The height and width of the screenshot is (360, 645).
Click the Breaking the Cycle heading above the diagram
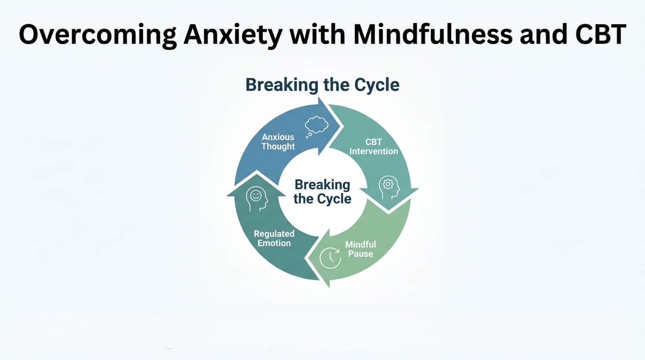[322, 85]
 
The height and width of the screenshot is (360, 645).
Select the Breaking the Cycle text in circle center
[322, 191]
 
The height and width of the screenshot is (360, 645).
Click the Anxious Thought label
[278, 142]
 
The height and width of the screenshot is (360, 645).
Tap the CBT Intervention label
[374, 146]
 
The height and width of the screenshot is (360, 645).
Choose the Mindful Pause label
[360, 249]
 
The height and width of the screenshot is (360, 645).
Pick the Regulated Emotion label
[274, 238]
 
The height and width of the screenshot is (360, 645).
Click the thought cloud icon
[317, 126]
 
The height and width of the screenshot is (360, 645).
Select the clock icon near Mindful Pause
[330, 257]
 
